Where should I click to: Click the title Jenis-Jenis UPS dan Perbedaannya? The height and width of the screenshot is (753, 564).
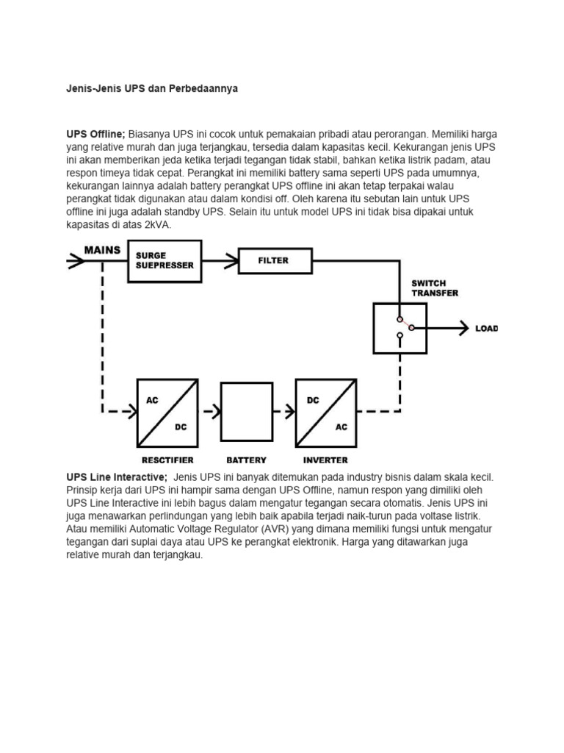click(x=152, y=88)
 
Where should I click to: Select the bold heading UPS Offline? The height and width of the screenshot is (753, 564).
click(x=95, y=135)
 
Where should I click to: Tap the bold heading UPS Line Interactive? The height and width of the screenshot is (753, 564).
click(x=117, y=477)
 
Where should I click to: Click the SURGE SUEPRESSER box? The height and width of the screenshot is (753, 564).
click(x=164, y=261)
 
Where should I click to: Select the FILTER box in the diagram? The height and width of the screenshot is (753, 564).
click(x=273, y=260)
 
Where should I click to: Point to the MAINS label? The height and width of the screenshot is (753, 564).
click(x=102, y=251)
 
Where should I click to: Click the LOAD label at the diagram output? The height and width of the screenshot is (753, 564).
click(x=486, y=329)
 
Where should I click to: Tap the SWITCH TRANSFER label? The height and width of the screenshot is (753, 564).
click(x=434, y=288)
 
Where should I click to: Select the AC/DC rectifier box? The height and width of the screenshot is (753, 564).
click(x=167, y=413)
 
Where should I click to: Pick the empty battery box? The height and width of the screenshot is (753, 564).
click(x=246, y=412)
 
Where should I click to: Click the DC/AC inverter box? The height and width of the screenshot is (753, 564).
click(x=326, y=413)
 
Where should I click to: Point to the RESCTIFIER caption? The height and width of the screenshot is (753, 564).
click(x=167, y=460)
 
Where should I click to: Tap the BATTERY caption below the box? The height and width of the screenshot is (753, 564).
click(x=246, y=460)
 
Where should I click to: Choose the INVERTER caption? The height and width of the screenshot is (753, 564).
click(x=325, y=460)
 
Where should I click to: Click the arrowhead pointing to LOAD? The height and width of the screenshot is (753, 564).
click(x=463, y=328)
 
